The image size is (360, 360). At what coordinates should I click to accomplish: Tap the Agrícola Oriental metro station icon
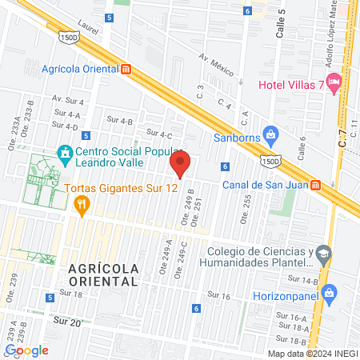(x=126, y=69)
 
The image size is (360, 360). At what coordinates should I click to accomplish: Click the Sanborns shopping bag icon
(x=270, y=134)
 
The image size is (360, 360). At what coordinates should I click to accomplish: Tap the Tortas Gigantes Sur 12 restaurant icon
(x=80, y=206)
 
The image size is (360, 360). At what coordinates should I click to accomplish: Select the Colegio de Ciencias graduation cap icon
(x=323, y=254)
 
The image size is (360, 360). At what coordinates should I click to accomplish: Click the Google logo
(x=26, y=350)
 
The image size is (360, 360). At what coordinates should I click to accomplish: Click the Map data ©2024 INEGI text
(x=312, y=354)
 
